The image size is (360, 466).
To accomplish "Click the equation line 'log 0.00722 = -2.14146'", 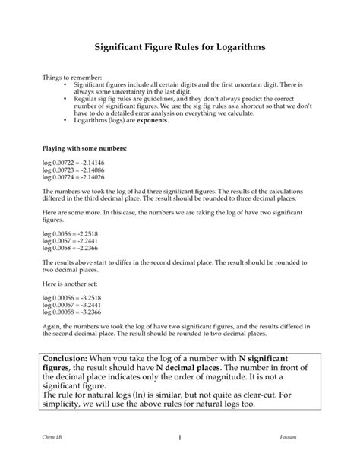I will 74,163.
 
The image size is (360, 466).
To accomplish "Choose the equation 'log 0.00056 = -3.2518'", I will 72,293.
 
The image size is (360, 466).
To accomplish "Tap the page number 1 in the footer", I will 180,437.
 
